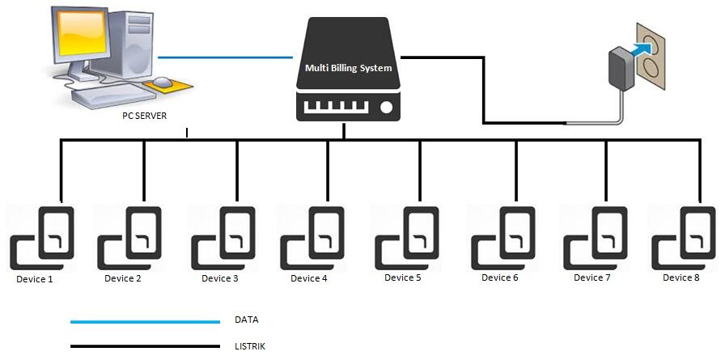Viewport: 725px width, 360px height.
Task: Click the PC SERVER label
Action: coord(138,116)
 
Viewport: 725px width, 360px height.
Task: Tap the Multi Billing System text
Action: coord(348,68)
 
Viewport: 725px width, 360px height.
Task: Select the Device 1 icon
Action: coord(42,238)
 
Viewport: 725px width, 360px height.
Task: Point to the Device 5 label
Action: coord(402,277)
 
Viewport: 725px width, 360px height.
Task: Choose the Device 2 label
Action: coord(122,278)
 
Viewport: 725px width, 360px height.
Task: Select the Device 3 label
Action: coord(219,278)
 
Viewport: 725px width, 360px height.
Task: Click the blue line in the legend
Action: coord(145,321)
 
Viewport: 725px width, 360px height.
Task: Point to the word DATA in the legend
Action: coord(246,320)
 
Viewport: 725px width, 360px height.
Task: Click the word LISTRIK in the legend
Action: coord(249,346)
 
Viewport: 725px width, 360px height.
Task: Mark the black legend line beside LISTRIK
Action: coord(145,347)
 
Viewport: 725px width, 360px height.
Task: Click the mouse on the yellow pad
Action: coord(165,82)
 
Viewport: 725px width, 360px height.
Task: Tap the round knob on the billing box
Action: coord(386,107)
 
